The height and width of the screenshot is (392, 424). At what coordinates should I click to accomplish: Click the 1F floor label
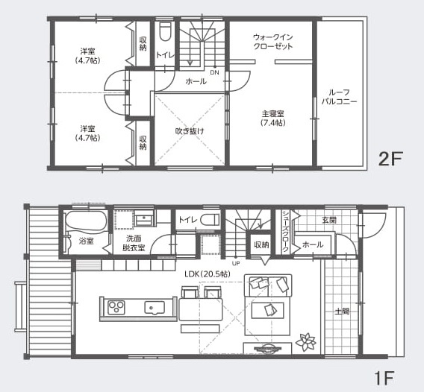[x=384, y=378]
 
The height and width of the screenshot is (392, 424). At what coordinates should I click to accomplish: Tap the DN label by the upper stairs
[x=215, y=72]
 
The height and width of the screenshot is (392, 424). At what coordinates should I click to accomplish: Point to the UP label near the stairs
[x=236, y=263]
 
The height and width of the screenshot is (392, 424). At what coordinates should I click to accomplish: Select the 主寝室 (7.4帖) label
[x=273, y=118]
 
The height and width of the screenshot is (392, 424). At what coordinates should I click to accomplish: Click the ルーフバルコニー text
[x=340, y=97]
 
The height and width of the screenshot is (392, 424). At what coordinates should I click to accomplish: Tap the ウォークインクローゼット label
[x=273, y=42]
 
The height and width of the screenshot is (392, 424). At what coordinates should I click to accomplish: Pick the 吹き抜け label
[x=190, y=131]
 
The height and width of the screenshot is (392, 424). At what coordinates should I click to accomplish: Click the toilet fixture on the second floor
[x=165, y=31]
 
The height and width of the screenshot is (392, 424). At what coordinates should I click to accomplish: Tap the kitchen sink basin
[x=155, y=308]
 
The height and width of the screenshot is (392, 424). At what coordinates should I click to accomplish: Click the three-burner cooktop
[x=116, y=308]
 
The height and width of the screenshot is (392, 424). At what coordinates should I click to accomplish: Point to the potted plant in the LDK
[x=305, y=342]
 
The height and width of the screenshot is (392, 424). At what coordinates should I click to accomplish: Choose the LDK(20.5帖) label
[x=208, y=274]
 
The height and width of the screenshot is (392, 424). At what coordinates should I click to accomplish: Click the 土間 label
[x=342, y=312]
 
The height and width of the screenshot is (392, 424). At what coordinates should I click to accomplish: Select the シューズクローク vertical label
[x=285, y=231]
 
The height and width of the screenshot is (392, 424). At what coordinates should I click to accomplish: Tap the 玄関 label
[x=329, y=220]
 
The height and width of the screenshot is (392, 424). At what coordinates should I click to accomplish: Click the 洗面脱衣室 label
[x=134, y=243]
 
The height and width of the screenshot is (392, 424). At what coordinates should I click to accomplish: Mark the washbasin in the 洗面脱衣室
[x=144, y=218]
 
